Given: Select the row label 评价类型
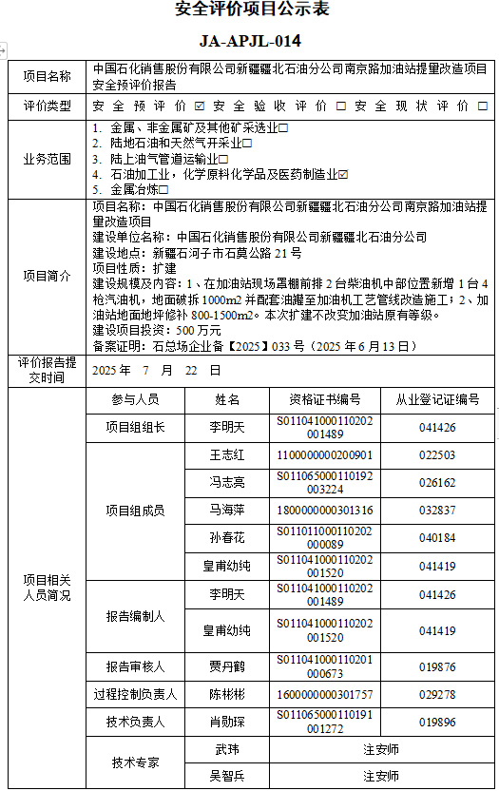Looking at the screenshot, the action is tap(48, 106).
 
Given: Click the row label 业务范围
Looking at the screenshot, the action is tap(48, 159).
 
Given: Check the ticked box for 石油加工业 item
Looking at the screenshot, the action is tap(344, 174).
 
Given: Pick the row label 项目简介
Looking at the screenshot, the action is tap(48, 276).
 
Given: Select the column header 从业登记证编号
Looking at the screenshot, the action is tap(437, 399).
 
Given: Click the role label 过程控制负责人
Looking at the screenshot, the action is tap(135, 695).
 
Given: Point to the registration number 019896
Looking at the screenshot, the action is tap(437, 722).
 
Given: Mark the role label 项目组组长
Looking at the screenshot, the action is tap(135, 428).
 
